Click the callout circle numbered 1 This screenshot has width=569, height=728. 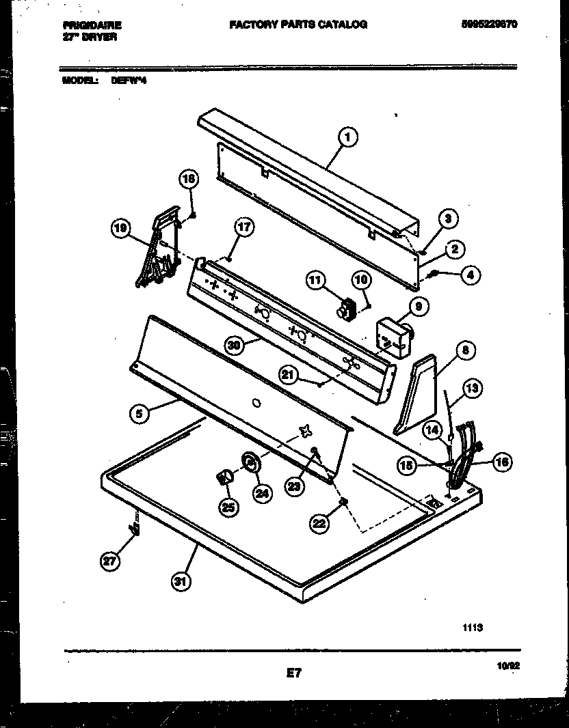point(347,139)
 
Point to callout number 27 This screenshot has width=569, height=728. point(110,561)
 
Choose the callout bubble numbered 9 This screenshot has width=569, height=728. point(418,307)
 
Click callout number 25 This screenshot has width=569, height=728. point(226,507)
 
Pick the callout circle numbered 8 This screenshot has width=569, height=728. point(464,351)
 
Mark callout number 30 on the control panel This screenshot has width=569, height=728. point(235,346)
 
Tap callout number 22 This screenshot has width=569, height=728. point(320,523)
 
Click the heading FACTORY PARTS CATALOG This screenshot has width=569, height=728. point(297,25)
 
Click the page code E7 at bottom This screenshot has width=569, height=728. point(293,673)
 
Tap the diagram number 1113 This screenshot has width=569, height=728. point(473,625)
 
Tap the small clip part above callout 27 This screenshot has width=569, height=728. point(135,528)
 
